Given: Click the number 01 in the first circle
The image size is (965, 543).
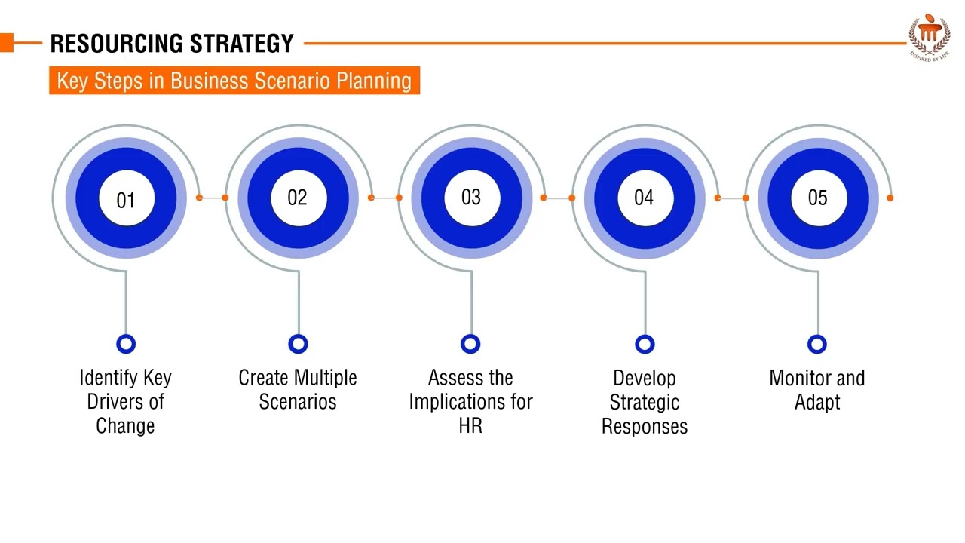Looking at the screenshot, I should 126,200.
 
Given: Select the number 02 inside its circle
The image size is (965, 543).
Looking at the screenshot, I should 298,198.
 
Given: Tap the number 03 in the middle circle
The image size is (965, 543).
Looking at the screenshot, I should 470,198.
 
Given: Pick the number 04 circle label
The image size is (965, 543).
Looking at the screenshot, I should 644,198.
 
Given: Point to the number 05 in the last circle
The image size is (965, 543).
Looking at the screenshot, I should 817,198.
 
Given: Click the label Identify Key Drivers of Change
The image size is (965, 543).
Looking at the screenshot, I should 125,401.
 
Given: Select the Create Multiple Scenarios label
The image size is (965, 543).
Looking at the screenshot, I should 298,389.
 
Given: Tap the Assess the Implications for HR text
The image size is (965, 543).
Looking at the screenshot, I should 470,401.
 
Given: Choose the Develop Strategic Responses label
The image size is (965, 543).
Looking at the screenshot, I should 645,401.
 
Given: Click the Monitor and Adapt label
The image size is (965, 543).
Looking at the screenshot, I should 817,389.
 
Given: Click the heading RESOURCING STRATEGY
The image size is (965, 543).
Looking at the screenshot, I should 172,44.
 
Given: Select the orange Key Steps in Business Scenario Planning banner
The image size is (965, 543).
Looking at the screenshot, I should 234,81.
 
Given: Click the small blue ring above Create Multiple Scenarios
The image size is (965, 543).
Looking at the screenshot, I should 299,344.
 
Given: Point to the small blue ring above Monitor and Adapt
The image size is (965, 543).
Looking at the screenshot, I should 817,344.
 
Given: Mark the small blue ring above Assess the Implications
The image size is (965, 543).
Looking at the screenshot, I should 470,344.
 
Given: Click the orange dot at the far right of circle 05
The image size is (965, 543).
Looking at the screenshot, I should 890,198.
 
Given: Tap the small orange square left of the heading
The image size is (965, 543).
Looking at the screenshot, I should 7,44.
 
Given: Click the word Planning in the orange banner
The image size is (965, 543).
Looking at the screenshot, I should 375,81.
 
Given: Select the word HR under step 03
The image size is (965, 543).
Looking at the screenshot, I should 470,425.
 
